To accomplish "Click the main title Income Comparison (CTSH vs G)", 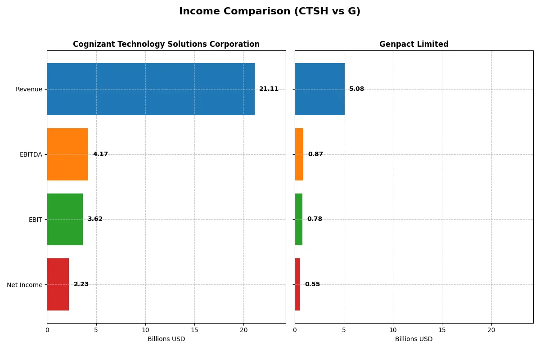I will point(270,11).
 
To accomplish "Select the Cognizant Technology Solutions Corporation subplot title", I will point(166,44).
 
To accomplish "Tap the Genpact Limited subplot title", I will point(414,44).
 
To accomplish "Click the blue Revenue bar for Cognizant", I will point(151,89).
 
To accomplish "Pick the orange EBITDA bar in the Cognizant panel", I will point(67,154).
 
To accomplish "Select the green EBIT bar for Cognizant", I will point(65,219).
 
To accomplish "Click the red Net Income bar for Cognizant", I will point(58,284).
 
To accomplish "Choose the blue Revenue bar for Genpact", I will point(319,89).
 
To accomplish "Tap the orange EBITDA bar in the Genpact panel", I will point(299,154).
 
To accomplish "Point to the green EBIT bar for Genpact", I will point(299,219).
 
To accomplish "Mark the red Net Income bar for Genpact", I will point(297,284).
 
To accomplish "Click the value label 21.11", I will point(269,89).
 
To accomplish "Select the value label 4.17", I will point(100,154).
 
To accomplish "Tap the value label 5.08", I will point(356,89).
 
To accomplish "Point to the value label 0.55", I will point(312,284).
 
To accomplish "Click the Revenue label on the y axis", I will point(29,89).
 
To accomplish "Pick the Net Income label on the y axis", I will point(25,284).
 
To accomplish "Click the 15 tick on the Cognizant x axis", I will point(194,330).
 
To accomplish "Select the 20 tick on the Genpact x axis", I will point(491,330).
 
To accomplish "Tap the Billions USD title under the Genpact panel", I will point(414,339).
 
